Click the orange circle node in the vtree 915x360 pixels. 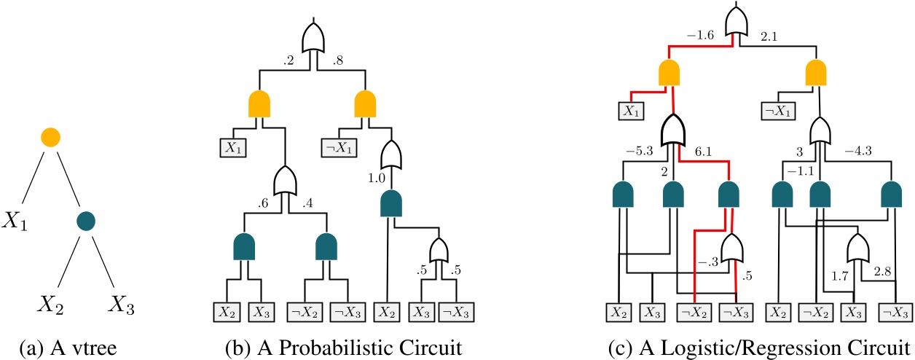pyautogui.click(x=50, y=136)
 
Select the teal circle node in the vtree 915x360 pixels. pyautogui.click(x=87, y=219)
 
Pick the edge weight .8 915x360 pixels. pyautogui.click(x=338, y=63)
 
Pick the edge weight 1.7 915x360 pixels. pyautogui.click(x=840, y=275)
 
